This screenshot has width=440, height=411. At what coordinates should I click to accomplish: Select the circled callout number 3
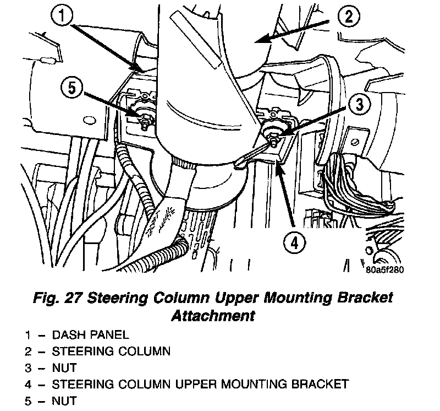click(359, 104)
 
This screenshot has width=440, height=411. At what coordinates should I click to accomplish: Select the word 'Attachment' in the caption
click(213, 316)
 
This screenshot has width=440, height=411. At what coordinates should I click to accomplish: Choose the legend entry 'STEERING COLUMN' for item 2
click(111, 351)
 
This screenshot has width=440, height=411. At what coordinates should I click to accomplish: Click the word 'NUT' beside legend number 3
click(64, 367)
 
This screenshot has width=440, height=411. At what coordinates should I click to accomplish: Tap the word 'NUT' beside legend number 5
click(64, 399)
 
